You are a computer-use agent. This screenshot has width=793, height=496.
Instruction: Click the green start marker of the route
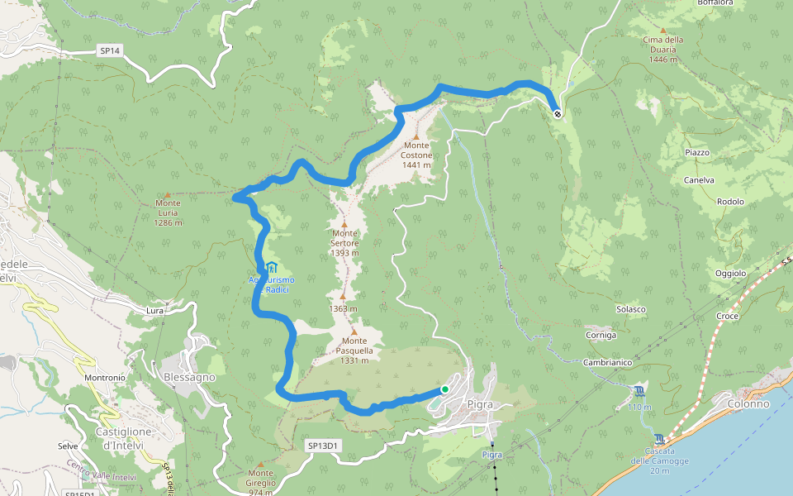tap(444, 389)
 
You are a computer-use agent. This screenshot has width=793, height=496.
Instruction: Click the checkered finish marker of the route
tap(558, 114)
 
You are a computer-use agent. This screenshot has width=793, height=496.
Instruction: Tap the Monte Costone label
tap(416, 155)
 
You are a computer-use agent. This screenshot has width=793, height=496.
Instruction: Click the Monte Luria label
tap(168, 212)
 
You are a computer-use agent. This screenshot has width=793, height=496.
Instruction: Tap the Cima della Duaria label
tap(663, 49)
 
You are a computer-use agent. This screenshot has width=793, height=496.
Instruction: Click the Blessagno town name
tap(190, 377)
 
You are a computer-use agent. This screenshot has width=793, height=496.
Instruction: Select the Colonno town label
tap(748, 403)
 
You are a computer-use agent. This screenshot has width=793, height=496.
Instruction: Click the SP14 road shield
tap(110, 50)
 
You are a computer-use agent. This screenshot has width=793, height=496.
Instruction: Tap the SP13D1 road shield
tap(324, 446)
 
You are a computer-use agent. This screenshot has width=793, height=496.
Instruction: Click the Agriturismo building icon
tap(271, 267)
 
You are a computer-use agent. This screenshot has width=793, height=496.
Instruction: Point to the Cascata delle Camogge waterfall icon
tap(658, 439)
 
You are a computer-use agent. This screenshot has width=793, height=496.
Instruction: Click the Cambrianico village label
tap(607, 363)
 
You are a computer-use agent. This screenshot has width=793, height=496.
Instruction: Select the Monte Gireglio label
tap(260, 484)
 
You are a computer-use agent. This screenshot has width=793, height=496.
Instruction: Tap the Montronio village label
tap(105, 378)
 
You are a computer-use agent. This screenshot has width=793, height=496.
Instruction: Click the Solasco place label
tap(630, 309)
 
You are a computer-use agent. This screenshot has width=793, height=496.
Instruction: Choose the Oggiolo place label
tap(730, 274)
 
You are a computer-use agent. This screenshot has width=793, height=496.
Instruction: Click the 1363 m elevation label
tap(343, 308)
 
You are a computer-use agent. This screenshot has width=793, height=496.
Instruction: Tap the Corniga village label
tap(601, 335)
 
